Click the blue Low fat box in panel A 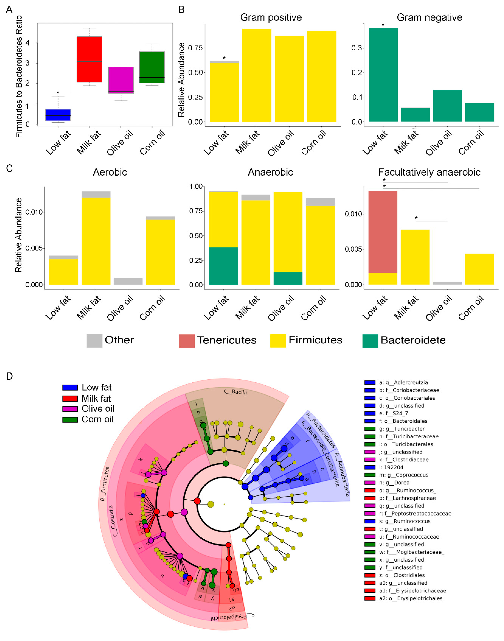coord(58,115)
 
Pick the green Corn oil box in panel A coord(152,67)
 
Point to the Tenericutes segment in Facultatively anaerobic coord(383,232)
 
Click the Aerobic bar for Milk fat coord(96,240)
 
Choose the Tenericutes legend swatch coord(186,341)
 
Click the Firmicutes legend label coord(315,340)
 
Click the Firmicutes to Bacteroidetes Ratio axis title coord(19,77)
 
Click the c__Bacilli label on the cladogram coord(235,392)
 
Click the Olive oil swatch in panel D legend coord(70,409)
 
